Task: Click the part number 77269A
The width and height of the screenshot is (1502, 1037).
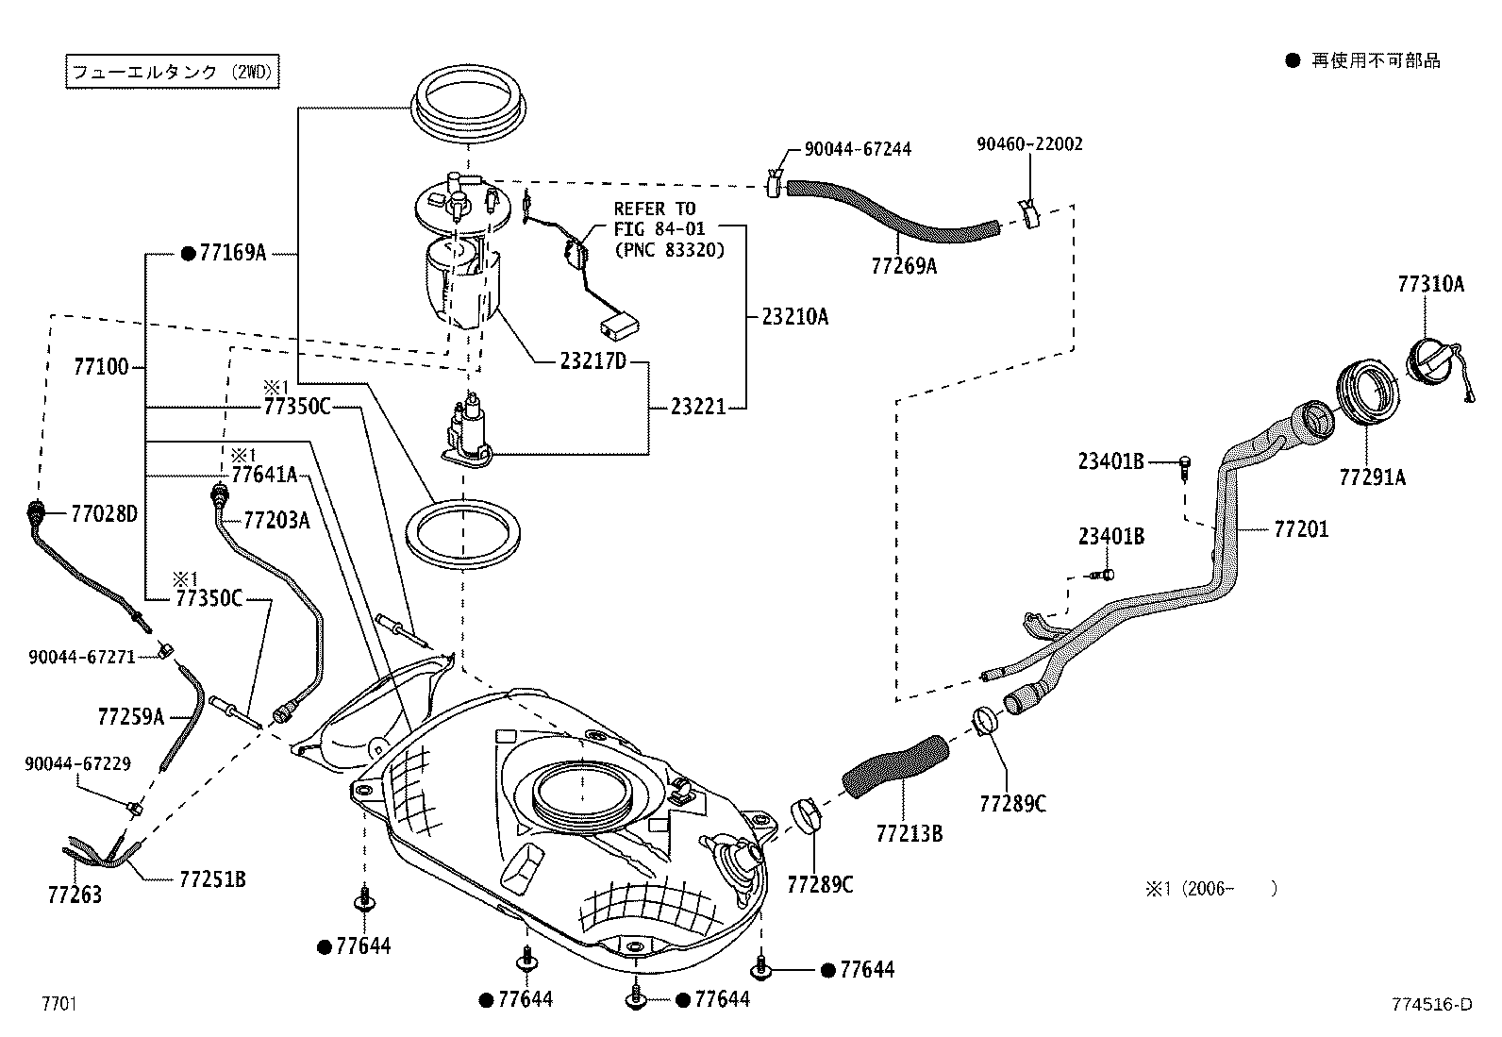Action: [x=903, y=266]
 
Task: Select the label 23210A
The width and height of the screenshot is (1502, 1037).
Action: [x=794, y=316]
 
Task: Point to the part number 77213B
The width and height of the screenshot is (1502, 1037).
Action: [x=909, y=833]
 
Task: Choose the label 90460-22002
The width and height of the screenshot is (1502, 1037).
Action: [x=1029, y=144]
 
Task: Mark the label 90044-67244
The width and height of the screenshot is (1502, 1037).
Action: [x=858, y=149]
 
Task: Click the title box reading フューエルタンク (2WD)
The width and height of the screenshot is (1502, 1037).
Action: [x=175, y=72]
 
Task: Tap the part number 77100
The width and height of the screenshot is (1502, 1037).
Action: [x=101, y=366]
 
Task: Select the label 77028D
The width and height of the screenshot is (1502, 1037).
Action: [x=105, y=514]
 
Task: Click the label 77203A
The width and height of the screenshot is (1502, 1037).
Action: [x=276, y=520]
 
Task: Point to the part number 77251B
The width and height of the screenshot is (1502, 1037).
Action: [x=212, y=879]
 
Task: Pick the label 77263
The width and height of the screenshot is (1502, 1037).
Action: [x=75, y=894]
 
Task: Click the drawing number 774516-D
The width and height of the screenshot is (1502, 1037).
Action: [x=1430, y=1004]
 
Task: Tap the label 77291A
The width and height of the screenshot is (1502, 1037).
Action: [x=1372, y=477]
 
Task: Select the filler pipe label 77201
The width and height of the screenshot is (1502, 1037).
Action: [x=1301, y=529]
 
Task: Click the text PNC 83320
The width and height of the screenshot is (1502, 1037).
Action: [x=669, y=251]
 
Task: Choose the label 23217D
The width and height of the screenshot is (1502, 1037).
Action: [x=592, y=361]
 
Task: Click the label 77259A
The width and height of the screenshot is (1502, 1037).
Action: [x=130, y=717]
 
